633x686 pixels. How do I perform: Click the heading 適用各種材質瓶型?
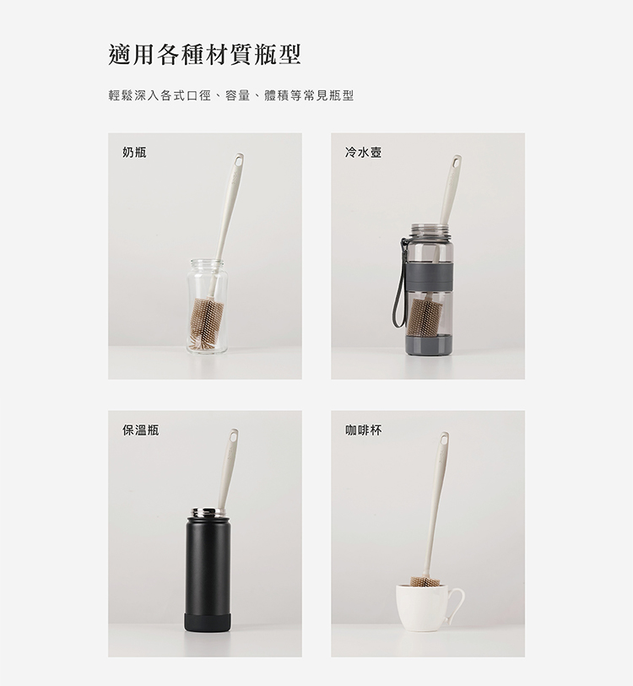tap(204, 55)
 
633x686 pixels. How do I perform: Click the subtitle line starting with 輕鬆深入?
tap(231, 95)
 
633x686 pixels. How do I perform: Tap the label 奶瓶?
tap(134, 153)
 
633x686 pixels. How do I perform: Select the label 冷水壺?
tap(363, 153)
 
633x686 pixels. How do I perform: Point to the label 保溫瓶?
tap(140, 430)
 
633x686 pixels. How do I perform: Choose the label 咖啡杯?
tap(363, 430)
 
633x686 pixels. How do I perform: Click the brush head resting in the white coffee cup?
tap(425, 582)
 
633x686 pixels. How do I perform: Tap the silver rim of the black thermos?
tap(207, 511)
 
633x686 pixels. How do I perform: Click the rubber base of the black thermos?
tap(207, 622)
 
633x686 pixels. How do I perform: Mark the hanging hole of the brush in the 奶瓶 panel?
tap(239, 161)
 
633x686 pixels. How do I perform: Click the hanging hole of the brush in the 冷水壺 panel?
tap(457, 162)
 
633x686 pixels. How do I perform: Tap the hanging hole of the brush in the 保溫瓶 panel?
tap(233, 436)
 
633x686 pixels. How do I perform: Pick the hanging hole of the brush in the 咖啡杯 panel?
tap(444, 440)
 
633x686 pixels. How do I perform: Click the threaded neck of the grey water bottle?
tap(430, 230)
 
